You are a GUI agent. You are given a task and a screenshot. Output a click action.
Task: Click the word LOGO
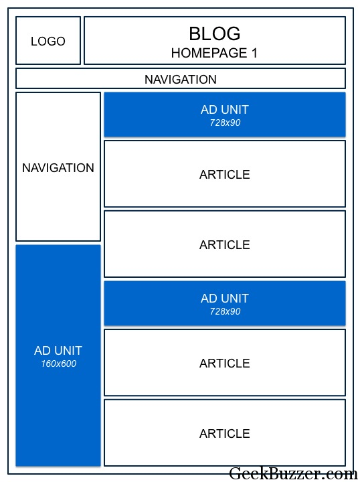point(48,42)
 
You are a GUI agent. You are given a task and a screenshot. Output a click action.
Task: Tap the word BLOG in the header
point(214,33)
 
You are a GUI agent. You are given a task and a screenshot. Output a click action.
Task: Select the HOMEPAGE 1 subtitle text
point(214,53)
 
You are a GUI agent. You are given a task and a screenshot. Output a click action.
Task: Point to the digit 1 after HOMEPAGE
point(254,53)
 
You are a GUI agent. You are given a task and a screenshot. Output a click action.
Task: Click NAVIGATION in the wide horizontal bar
point(181,79)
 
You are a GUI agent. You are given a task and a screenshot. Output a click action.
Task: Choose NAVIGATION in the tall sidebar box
point(58,168)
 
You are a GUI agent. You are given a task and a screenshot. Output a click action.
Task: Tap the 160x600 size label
point(59,364)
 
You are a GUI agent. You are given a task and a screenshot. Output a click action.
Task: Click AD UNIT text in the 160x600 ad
point(58,350)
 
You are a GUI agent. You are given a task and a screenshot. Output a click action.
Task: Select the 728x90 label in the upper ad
point(225,123)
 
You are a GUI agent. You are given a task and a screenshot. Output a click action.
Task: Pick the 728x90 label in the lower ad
point(225,311)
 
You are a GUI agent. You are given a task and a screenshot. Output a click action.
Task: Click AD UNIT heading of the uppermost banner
point(225,109)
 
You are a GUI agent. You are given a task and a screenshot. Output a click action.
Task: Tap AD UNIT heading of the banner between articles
point(225,298)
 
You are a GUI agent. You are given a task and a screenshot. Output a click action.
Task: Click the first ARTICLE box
point(225,173)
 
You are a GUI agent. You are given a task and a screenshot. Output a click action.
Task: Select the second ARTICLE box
point(225,244)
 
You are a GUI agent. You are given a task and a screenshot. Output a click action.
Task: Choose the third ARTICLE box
point(225,362)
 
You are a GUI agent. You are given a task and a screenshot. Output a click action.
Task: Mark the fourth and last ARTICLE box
point(225,432)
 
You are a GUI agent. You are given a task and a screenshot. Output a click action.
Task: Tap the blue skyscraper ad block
point(58,355)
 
